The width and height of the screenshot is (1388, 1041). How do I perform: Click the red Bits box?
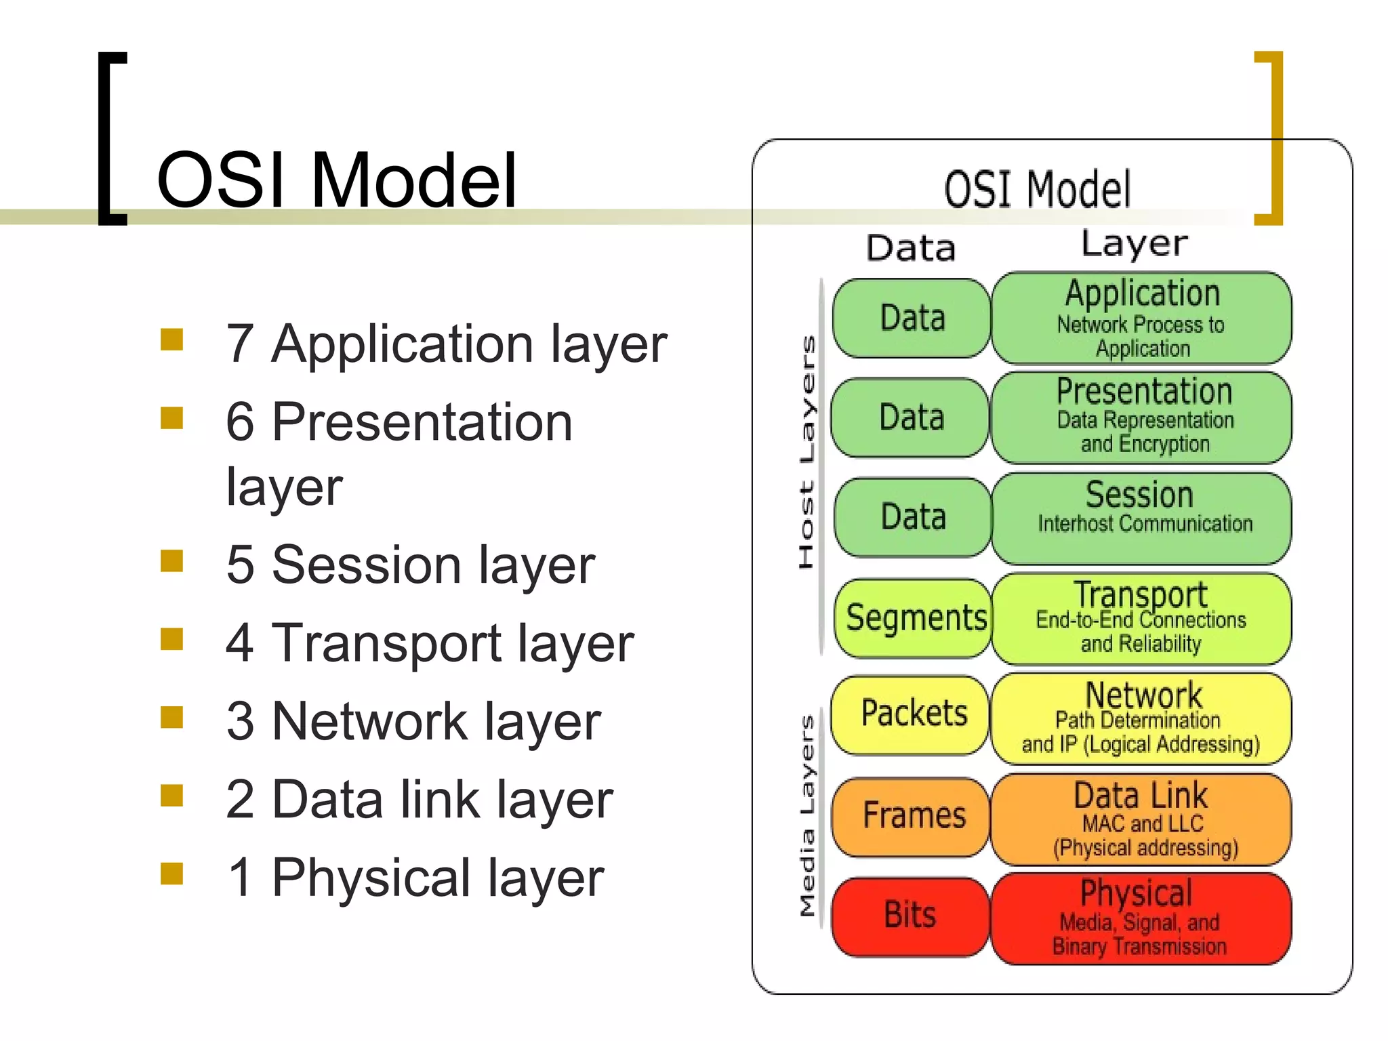(x=910, y=916)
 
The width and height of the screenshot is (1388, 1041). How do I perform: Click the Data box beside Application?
(x=912, y=318)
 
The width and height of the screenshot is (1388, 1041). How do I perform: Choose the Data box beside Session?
(x=913, y=518)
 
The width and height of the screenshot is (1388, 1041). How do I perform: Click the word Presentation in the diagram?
(x=1144, y=392)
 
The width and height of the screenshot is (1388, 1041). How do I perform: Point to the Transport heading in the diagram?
(x=1141, y=594)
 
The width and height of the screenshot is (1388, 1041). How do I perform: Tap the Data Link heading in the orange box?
(x=1141, y=796)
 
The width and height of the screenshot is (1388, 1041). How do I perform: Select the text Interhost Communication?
(x=1145, y=524)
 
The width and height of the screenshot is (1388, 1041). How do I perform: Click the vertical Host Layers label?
(x=807, y=452)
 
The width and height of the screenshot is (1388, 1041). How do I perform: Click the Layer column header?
(x=1134, y=244)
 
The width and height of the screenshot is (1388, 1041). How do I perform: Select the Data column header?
(x=911, y=248)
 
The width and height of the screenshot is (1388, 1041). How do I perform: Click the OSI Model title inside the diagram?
(x=1037, y=190)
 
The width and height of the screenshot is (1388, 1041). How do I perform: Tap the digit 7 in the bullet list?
(x=239, y=344)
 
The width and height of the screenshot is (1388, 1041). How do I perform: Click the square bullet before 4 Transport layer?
(x=172, y=639)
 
